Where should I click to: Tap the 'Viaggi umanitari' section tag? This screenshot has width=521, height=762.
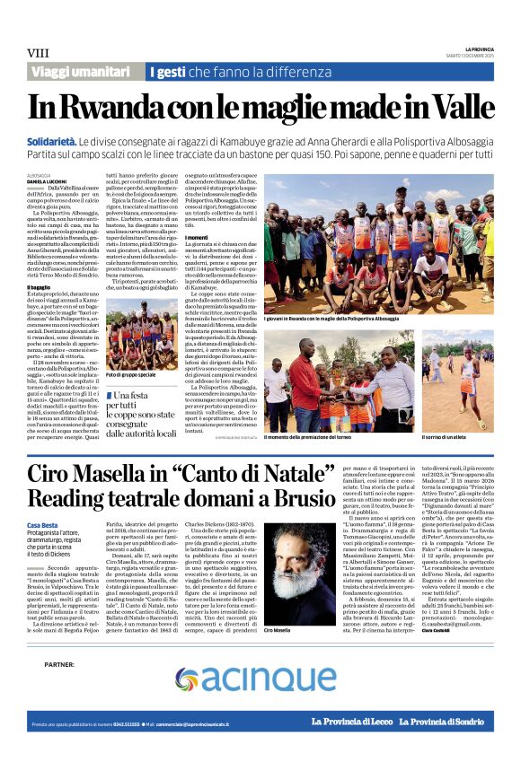click(81, 72)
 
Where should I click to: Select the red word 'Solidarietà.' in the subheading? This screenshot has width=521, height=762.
click(51, 142)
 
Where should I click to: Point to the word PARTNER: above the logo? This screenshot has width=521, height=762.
click(58, 665)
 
